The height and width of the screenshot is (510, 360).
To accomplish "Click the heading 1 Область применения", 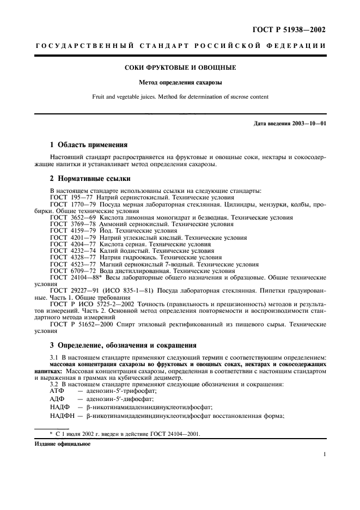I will click(88, 145).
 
